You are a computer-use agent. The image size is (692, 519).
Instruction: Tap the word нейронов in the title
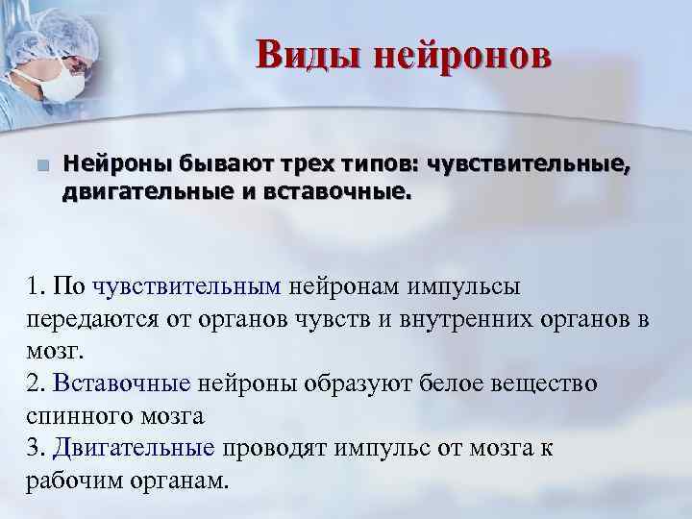coord(462,54)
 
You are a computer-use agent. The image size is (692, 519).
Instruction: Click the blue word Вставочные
coord(136,383)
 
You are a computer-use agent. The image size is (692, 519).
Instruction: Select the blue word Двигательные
coord(146,448)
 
